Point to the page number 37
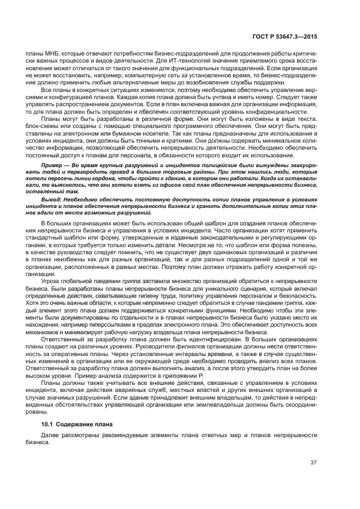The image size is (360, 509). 313,463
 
